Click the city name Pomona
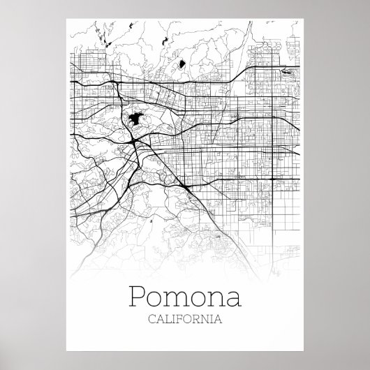click(185, 299)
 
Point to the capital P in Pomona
click(139, 298)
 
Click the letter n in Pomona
click(217, 301)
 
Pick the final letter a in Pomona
click(234, 301)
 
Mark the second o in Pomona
click(199, 301)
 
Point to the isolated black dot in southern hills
click(150, 221)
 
